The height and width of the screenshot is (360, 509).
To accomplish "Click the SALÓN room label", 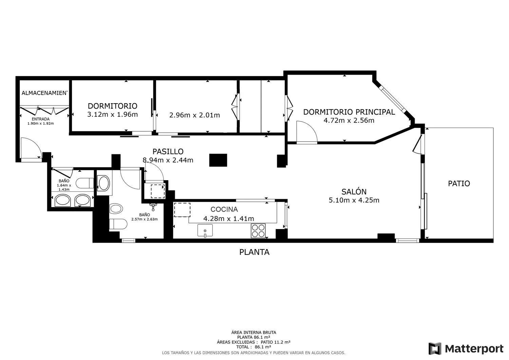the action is point(354,192).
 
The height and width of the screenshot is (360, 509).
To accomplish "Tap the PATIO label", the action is point(459,184).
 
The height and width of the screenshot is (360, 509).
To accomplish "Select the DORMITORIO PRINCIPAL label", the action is point(349,112).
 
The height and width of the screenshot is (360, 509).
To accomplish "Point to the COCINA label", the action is point(224,209).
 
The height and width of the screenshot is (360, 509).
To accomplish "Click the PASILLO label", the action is point(168,151).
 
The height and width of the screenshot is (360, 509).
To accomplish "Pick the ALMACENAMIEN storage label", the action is point(44,93).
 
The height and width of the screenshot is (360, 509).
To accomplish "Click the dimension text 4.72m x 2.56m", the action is point(349,120).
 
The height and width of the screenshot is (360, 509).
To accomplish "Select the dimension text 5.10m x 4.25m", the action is point(354,200).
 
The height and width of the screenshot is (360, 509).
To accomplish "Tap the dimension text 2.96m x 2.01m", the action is point(194,115).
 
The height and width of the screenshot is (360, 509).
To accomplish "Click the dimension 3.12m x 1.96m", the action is point(112,114).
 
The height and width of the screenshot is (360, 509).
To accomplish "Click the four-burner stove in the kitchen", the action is point(258,231).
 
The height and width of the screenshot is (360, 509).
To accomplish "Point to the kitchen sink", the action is point(205,230).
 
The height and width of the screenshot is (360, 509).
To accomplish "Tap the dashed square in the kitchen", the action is point(182,210).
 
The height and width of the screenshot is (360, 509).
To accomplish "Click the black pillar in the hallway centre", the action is point(218,160).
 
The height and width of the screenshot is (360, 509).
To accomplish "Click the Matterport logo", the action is point(466,349).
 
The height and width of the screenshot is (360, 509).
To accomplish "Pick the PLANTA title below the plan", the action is point(254,252).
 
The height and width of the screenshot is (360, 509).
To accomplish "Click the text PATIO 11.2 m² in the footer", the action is point(276,342).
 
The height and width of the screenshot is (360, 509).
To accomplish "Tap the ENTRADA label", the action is point(41,119).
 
